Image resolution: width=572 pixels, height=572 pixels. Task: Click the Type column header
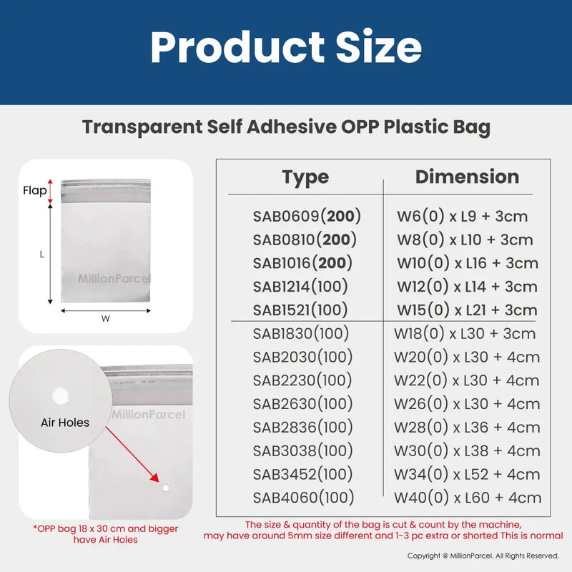[x=305, y=177]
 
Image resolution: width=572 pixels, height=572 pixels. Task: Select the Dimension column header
[x=467, y=177]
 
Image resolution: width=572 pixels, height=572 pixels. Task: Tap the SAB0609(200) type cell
[x=307, y=216]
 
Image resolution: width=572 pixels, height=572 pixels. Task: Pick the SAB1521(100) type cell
[x=300, y=310]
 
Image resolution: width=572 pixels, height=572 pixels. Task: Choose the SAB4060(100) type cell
[x=303, y=498]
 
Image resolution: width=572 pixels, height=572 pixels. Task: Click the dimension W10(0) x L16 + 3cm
[x=468, y=263]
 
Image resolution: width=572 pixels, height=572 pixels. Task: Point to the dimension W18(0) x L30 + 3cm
[x=465, y=333]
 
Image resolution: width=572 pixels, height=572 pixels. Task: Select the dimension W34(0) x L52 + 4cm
[x=467, y=474]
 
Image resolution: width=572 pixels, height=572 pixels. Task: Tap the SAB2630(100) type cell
[x=303, y=404]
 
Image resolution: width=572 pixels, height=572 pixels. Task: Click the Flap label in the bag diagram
[x=34, y=191]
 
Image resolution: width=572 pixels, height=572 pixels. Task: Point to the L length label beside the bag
[x=42, y=254]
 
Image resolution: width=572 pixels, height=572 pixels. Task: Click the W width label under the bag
[x=105, y=320]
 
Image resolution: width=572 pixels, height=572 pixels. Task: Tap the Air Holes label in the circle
[x=65, y=423]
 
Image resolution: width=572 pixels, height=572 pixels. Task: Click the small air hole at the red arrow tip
[x=166, y=488]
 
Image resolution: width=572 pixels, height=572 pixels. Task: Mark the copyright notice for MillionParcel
[x=483, y=556]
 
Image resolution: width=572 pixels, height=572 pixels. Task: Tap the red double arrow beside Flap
[x=51, y=191]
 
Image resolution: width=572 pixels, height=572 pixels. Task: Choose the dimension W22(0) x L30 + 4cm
[x=467, y=380]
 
